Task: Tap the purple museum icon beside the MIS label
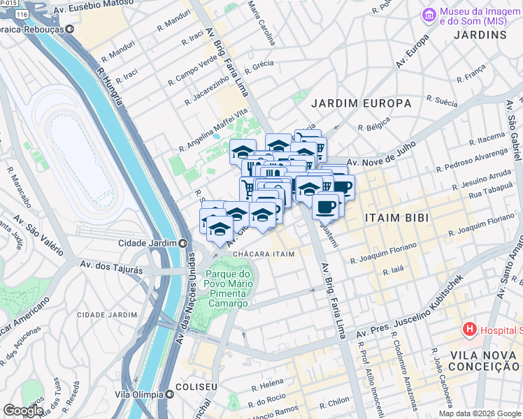tap(428, 14)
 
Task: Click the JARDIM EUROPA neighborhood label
tap(361, 103)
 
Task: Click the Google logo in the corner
tap(22, 411)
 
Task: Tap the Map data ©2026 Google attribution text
tap(479, 413)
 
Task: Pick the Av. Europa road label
tap(411, 50)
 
